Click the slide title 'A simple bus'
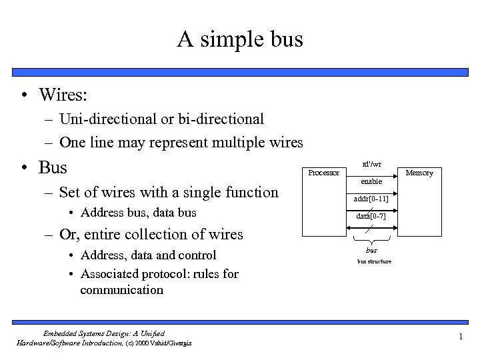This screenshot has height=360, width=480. pos(240,40)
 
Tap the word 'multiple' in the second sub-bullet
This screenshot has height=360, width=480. pos(243,143)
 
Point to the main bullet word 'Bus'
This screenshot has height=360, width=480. pos(53,167)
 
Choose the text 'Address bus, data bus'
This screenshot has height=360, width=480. pos(139,213)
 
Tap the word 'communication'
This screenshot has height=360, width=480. pos(121,290)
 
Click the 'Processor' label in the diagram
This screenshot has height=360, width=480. pos(323,173)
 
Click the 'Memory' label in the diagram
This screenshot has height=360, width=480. pos(419,173)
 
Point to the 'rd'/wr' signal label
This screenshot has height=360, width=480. pos(371,164)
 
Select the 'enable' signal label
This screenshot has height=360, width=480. pos(371,181)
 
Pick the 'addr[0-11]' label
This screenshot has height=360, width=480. pos(371,199)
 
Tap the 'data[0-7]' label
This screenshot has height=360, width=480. pos(371,217)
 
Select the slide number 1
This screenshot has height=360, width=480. pos(460,337)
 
